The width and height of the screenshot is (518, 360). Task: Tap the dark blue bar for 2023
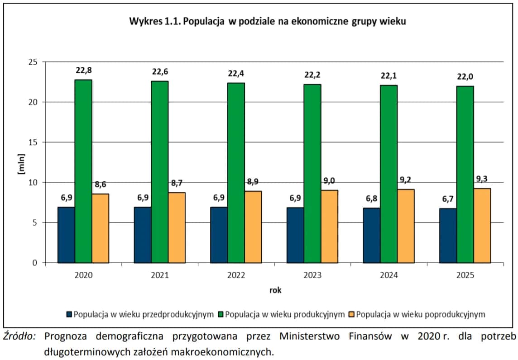[x=295, y=235]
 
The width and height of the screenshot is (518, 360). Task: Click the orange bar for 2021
[x=177, y=227]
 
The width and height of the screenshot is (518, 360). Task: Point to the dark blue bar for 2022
[x=219, y=235]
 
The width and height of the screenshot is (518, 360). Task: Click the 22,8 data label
[x=84, y=71]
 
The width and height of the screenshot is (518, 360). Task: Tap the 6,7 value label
[x=442, y=199]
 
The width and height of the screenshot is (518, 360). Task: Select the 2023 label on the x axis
[x=312, y=275]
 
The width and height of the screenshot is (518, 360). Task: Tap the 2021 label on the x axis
[x=159, y=275]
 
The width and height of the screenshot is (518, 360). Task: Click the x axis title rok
[x=275, y=290]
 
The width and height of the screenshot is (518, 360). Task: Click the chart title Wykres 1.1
[x=267, y=21]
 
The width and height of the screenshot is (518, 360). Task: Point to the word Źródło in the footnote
[x=19, y=336]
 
